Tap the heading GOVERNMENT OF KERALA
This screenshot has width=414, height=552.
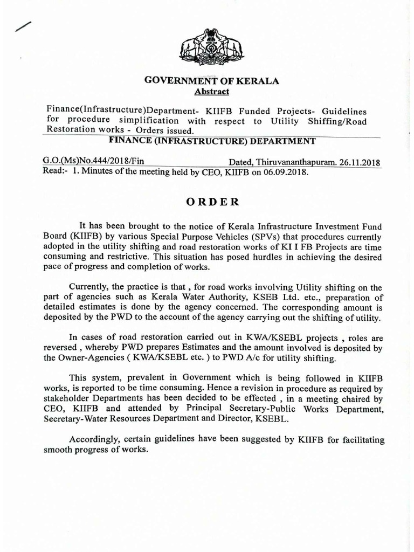click(212, 81)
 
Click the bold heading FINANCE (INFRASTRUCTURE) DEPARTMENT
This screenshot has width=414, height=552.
click(212, 141)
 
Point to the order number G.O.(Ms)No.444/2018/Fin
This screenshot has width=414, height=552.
click(93, 162)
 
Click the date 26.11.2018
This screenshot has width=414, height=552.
click(360, 162)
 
